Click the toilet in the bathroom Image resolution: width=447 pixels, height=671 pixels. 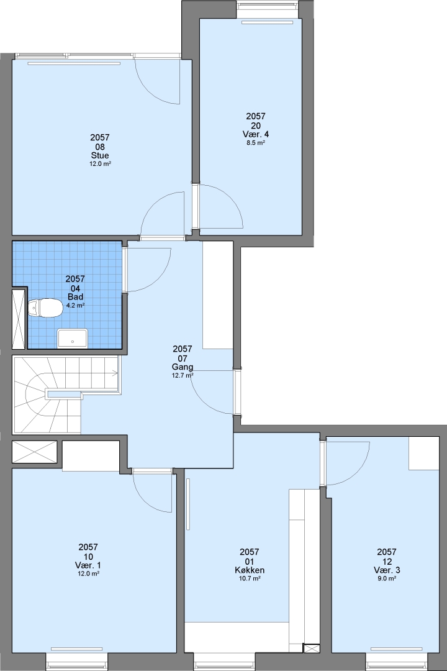point(45,308)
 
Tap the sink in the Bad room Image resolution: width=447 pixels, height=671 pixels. point(72,338)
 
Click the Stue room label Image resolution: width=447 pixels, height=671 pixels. point(100,155)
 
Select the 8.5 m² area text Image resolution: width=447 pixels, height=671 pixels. point(255,143)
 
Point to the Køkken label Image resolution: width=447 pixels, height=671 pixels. point(250,570)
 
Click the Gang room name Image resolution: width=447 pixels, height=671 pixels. point(183,367)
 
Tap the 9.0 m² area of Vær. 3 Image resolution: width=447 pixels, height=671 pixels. point(386,578)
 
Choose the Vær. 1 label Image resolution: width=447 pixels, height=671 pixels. point(88,565)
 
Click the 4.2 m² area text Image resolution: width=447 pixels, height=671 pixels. point(75,305)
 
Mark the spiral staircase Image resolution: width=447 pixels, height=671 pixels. point(66,395)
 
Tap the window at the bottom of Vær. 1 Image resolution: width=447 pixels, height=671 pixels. point(76,662)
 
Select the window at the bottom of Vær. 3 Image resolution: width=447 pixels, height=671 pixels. point(397,662)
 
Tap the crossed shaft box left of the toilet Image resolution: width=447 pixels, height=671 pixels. point(19,319)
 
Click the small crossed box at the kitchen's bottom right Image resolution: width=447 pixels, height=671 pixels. point(311,648)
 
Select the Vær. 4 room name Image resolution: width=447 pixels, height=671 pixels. point(256,134)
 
